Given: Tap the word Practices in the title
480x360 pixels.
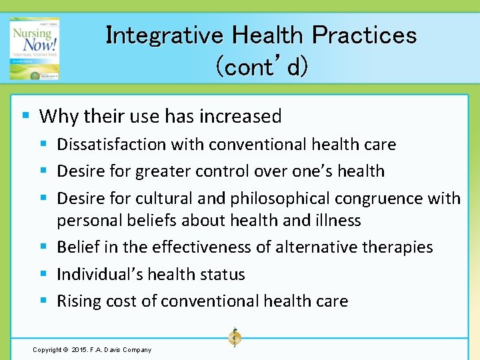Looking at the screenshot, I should (364, 35).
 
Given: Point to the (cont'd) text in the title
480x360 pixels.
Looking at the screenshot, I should (261, 66).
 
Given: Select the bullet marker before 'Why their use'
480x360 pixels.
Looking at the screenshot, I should (25, 115).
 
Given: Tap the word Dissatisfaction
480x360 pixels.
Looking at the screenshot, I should (111, 145).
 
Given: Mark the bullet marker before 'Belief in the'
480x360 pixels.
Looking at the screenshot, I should (44, 247).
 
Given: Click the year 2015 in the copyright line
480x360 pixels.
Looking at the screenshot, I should (78, 349).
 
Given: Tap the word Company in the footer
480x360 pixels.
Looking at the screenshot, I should (137, 349).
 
